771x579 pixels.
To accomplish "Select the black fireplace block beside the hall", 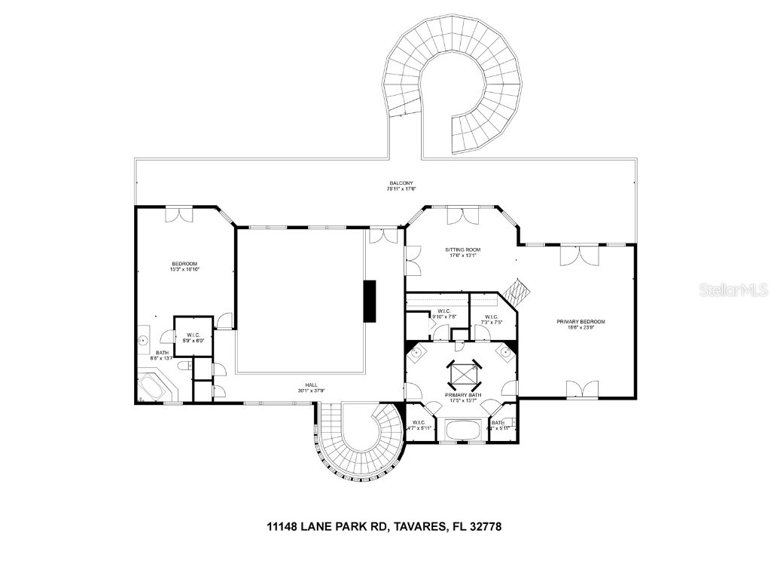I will pos(370,301).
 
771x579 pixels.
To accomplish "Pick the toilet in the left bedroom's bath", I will pos(183,365).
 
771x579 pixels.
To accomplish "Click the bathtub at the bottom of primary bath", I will pos(462,431).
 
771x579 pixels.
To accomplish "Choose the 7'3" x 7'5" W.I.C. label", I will pos(492,320).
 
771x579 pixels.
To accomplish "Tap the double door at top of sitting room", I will pos(462,216).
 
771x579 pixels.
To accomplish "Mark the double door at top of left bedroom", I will pos(179,215).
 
